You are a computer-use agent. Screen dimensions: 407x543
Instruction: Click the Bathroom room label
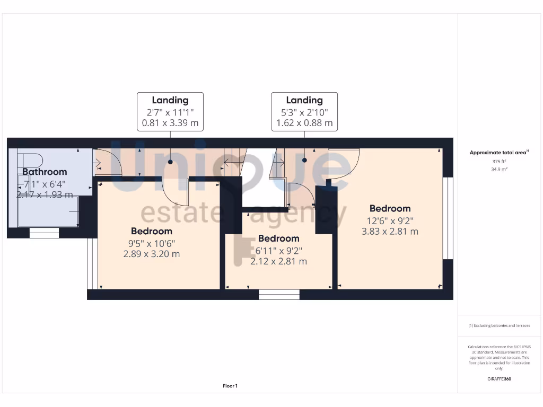pos(45,172)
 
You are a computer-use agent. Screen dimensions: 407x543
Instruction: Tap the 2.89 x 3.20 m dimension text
pos(152,254)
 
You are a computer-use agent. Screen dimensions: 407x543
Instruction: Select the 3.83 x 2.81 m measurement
pos(390,231)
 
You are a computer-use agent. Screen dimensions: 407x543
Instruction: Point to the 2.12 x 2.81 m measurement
pos(278,261)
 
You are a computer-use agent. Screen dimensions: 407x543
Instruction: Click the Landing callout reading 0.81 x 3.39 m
pos(170,111)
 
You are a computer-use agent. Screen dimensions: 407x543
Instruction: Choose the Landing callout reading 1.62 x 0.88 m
pos(304,111)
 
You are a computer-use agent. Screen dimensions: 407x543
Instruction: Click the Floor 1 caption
pos(230,386)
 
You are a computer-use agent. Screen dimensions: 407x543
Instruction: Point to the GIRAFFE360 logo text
pos(499,379)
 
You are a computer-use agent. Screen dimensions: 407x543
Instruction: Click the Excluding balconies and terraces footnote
pos(499,325)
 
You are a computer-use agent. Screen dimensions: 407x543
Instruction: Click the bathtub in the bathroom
pos(48,211)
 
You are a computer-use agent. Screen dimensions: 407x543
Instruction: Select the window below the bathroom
pos(44,233)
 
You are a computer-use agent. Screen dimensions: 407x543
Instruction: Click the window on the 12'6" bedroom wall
pos(449,218)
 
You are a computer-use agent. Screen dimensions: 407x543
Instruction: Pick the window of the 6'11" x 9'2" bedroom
pos(279,295)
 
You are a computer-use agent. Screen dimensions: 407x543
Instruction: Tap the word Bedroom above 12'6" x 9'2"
pos(390,208)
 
